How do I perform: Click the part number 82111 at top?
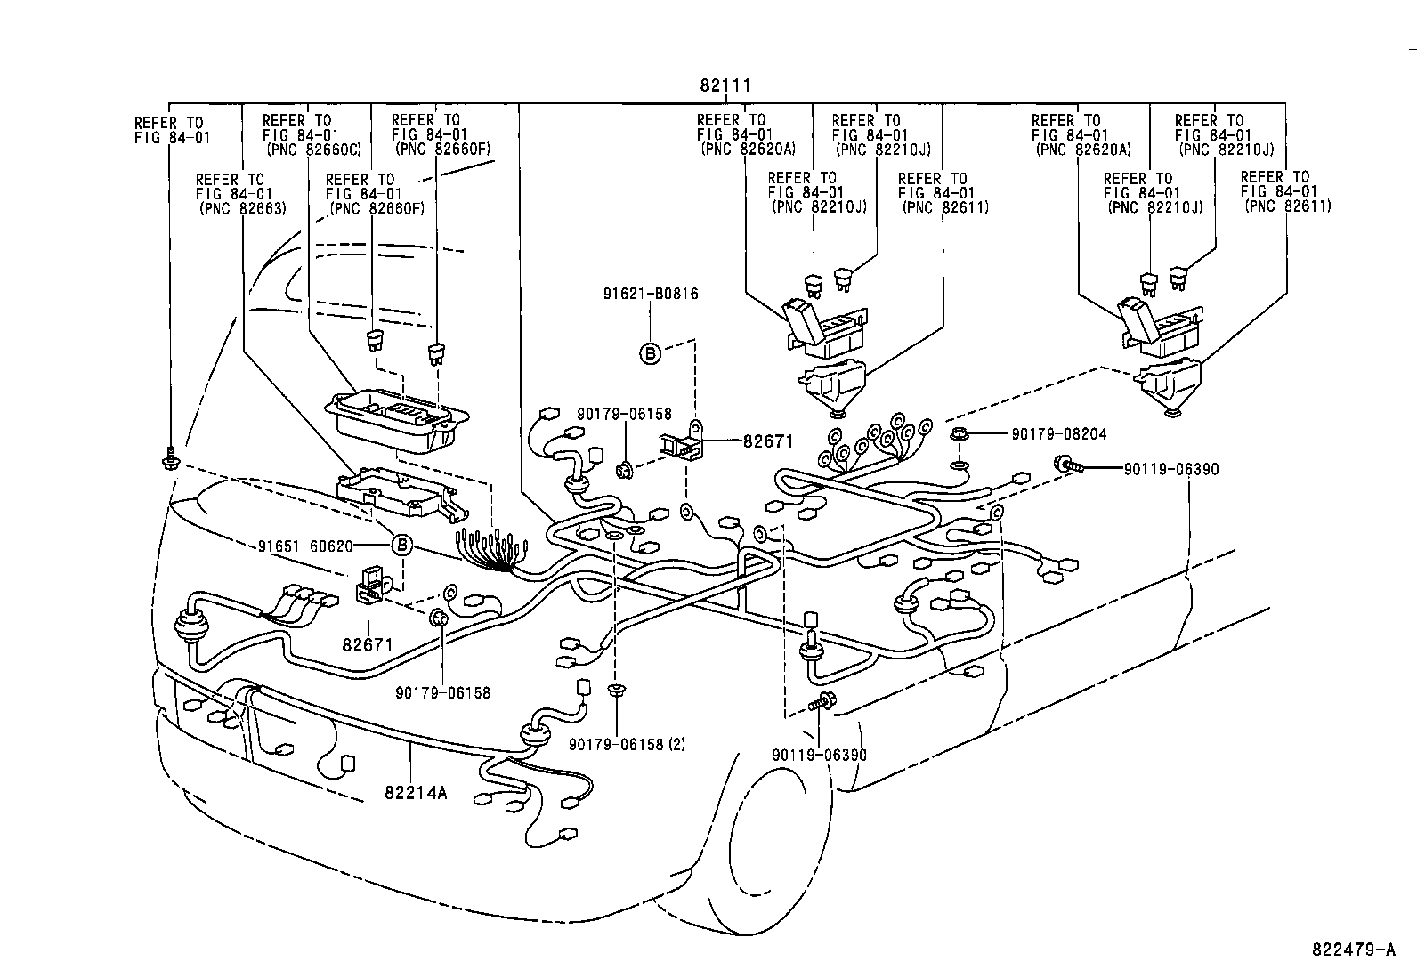click(725, 86)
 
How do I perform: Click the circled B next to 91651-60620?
click(402, 546)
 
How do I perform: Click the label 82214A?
click(415, 792)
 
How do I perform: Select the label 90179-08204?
click(1058, 434)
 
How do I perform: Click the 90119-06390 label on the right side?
click(1170, 468)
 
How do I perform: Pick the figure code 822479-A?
click(1352, 950)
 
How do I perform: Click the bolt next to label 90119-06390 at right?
click(1067, 464)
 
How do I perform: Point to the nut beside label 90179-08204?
click(960, 434)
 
